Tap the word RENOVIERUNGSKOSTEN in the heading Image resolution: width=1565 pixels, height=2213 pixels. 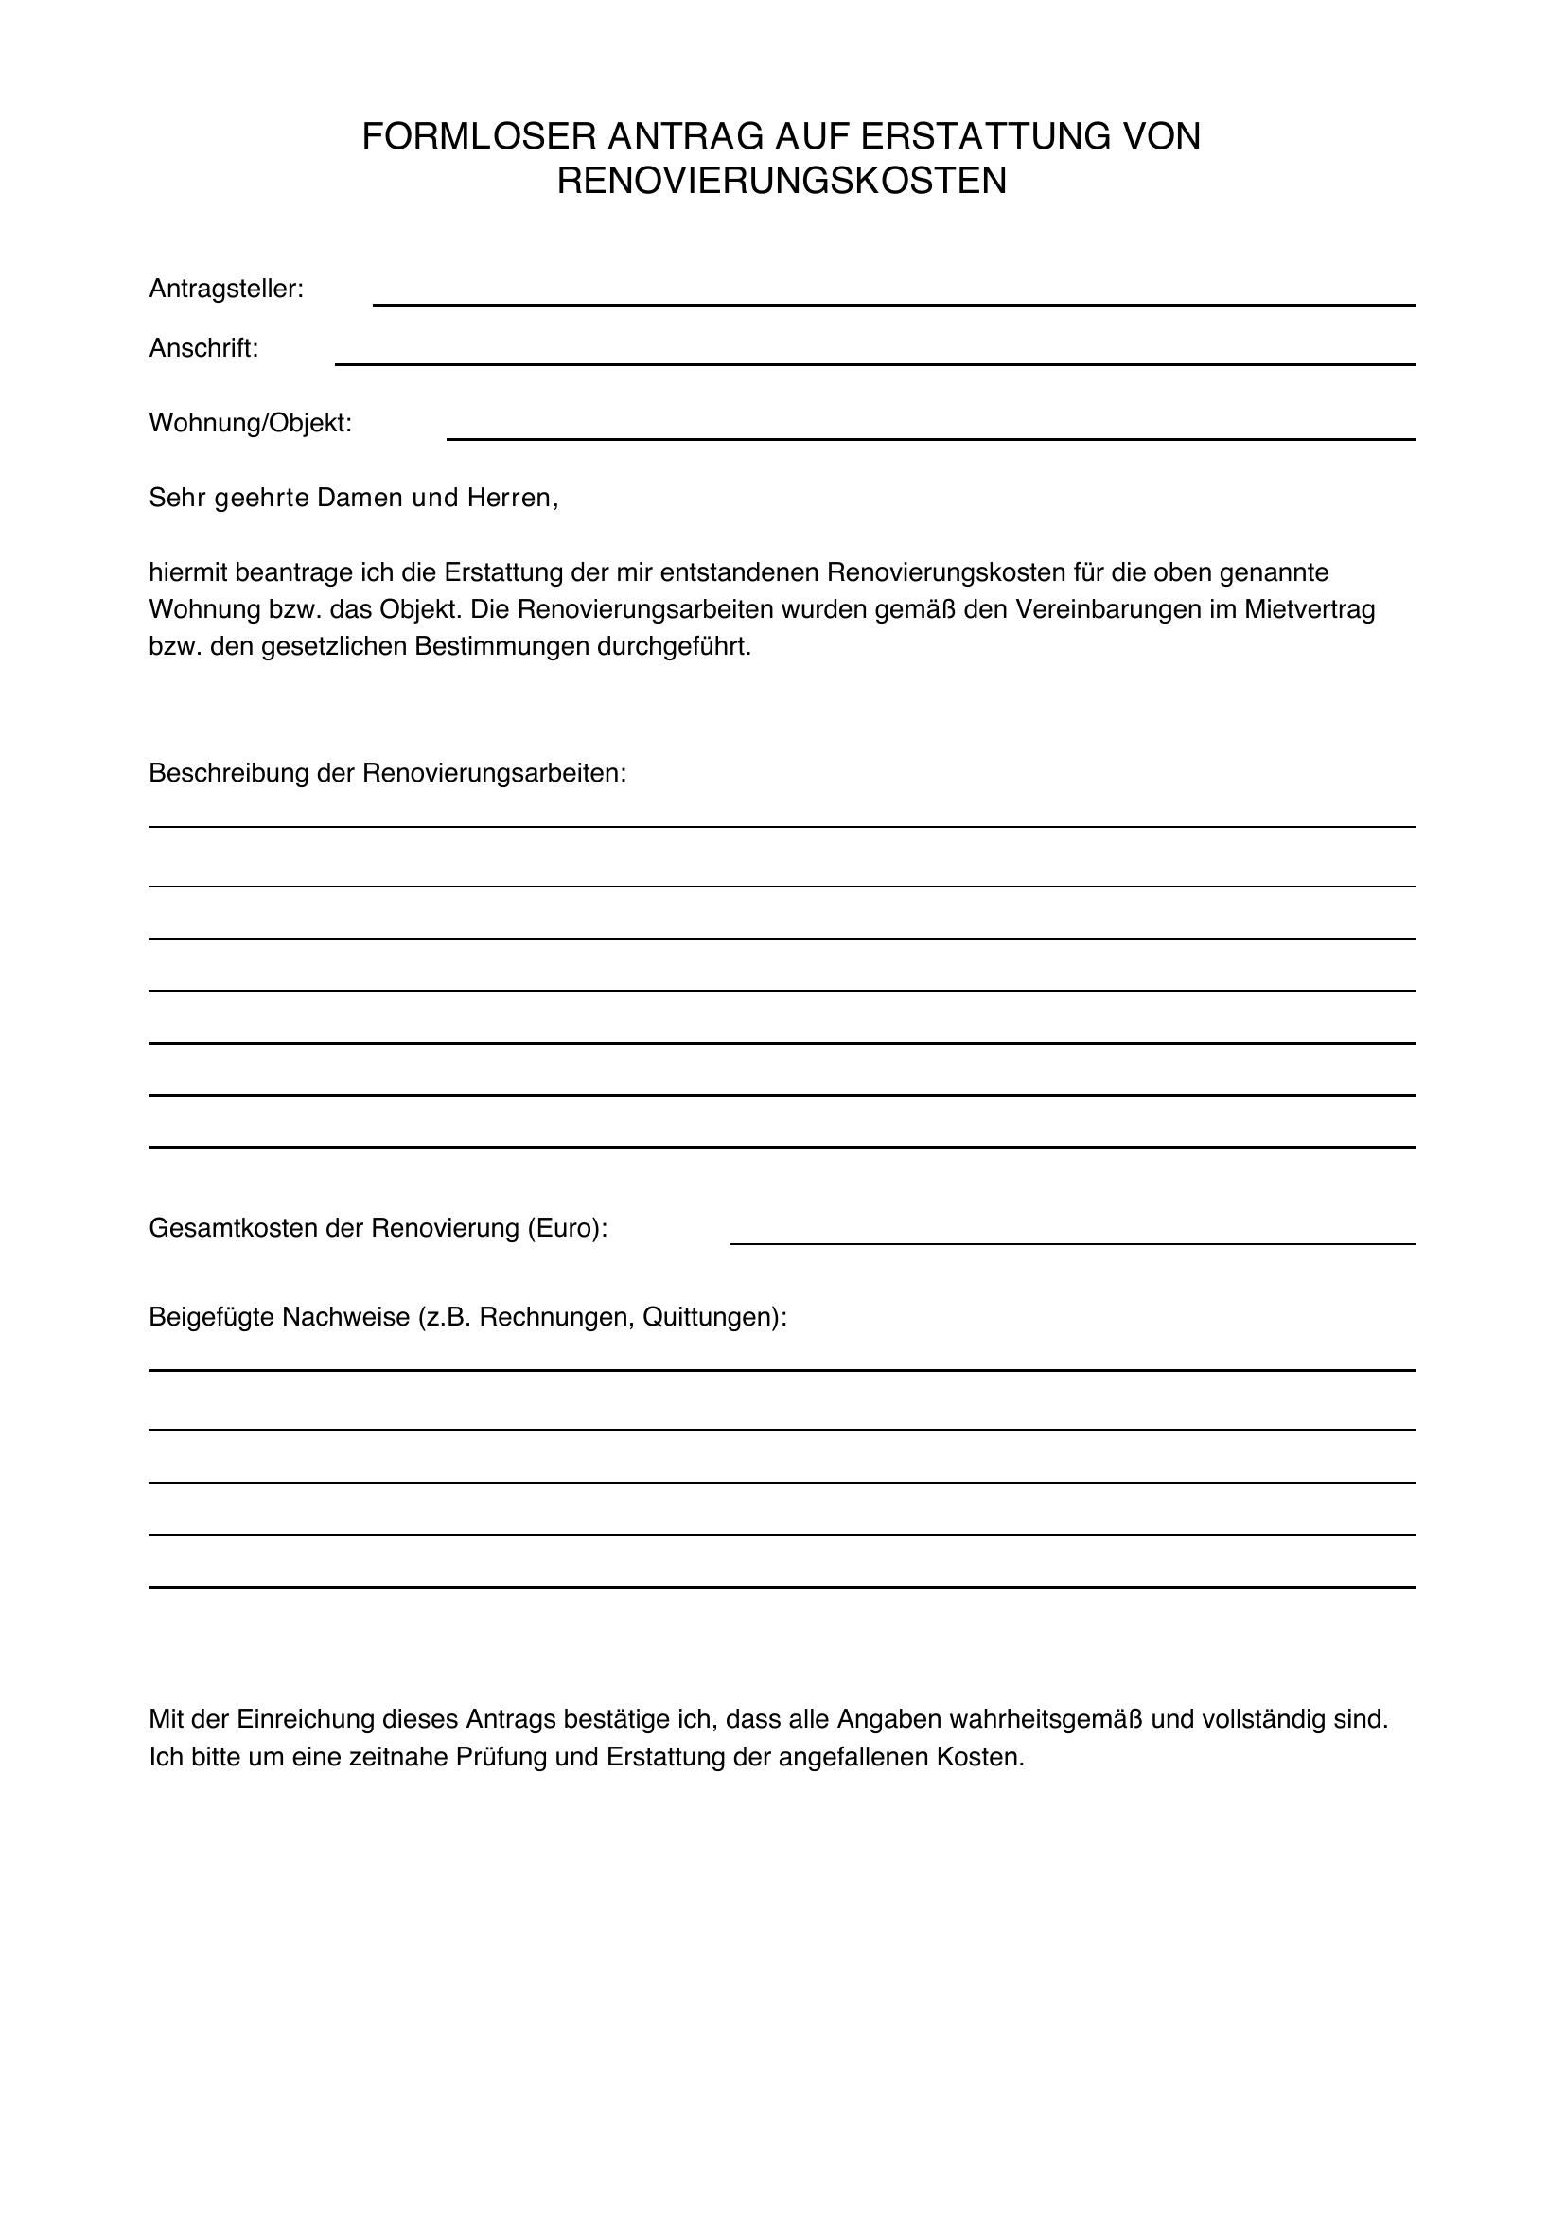pos(782,182)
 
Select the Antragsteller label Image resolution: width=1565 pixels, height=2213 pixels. pos(225,290)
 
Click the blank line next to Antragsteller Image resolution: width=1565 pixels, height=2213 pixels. pos(892,303)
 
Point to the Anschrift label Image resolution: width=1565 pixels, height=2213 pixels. pos(203,349)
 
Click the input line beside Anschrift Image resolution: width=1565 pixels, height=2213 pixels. pos(873,362)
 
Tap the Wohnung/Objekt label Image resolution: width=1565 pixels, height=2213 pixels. pos(250,423)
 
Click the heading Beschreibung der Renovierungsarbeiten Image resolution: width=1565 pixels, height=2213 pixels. pos(387,774)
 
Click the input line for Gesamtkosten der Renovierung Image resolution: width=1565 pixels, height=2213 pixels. pos(1072,1242)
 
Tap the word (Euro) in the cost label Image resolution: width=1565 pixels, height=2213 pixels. pos(567,1229)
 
